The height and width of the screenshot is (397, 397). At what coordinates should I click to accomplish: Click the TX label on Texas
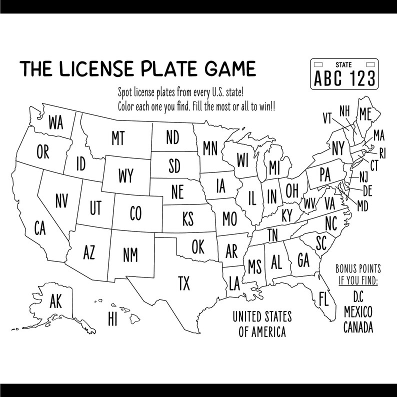(x=184, y=284)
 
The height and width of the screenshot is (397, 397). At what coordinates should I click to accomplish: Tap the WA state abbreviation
(x=56, y=123)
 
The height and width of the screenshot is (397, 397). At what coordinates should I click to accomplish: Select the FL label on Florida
(x=323, y=299)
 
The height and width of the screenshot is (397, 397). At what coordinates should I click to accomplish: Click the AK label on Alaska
(x=55, y=301)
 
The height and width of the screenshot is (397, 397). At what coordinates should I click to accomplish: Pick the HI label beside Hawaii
(x=112, y=318)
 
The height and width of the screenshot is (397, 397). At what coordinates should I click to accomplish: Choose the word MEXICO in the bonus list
(x=357, y=312)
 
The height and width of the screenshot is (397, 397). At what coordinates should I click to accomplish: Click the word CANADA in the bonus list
(x=357, y=327)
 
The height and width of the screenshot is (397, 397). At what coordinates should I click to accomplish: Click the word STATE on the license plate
(x=343, y=64)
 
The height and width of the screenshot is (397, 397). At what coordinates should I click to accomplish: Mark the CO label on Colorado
(x=135, y=214)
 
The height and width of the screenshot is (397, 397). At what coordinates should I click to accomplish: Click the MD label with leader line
(x=363, y=205)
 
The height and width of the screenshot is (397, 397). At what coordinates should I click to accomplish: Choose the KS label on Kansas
(x=188, y=219)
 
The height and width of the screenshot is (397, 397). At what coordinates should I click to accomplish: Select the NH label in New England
(x=344, y=110)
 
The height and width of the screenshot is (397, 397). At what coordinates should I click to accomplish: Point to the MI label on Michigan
(x=273, y=167)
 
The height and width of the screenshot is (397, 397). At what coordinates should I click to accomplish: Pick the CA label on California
(x=40, y=228)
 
